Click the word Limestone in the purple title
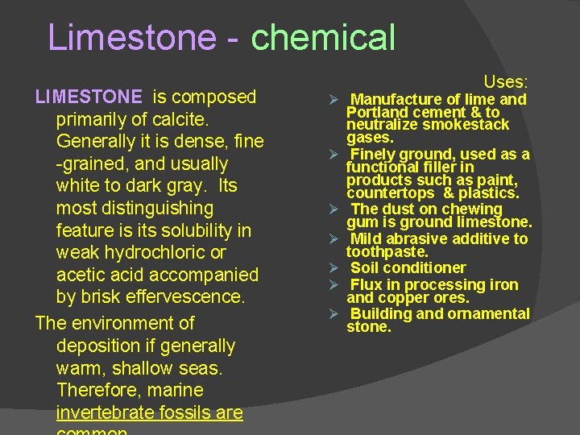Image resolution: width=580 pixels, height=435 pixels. [x=132, y=38]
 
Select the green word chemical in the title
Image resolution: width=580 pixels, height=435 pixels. [x=324, y=38]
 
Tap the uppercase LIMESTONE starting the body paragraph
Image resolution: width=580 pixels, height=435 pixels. [x=89, y=97]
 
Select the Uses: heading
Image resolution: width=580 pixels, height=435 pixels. [x=506, y=82]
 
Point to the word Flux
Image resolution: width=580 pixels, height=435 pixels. [x=366, y=284]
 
